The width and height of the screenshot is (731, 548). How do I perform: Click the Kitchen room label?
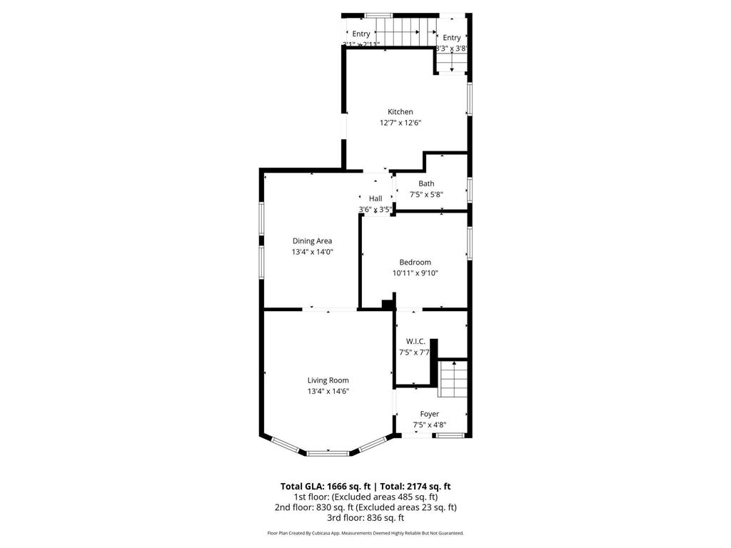coord(400,112)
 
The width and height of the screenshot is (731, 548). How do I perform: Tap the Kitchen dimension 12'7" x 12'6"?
coord(400,123)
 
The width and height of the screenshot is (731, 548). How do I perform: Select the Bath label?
coord(426,183)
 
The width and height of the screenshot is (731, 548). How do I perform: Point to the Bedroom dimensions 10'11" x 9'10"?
coord(415,273)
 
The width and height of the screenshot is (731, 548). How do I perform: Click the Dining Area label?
coord(312,241)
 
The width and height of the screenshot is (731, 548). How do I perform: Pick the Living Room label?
coord(328,380)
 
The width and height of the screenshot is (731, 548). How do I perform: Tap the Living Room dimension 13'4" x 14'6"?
coord(328,391)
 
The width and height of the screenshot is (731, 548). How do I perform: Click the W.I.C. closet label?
coord(415,342)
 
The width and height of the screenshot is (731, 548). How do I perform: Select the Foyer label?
coord(429,414)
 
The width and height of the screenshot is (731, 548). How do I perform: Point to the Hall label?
coord(375,198)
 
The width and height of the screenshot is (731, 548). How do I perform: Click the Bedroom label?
coord(415,262)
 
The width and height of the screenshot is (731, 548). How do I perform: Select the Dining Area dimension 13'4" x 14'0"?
coord(312,252)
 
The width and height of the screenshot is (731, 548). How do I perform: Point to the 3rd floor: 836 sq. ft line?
coord(365,518)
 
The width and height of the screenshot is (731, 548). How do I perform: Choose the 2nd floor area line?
coord(365,507)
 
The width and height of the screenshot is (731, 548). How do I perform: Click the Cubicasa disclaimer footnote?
coord(365,533)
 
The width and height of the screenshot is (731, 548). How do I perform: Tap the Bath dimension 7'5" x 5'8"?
coord(426,194)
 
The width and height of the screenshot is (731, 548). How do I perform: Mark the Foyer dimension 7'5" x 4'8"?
coord(429,425)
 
